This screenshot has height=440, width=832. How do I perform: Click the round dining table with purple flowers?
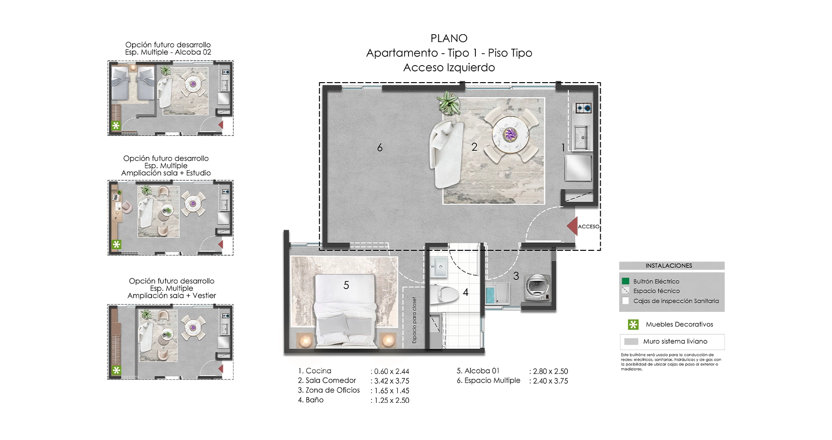coord(511,134)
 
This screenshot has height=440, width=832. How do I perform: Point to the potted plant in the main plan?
coord(448,103)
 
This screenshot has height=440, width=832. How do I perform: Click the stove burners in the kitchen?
coord(583,108)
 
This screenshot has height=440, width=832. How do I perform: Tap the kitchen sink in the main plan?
coord(582,137)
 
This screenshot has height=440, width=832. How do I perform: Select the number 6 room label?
coord(380,148)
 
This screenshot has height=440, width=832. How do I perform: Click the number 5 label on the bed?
coord(346,285)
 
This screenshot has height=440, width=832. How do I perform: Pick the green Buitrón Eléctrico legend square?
coord(625,281)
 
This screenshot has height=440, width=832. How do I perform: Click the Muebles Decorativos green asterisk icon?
coord(633,324)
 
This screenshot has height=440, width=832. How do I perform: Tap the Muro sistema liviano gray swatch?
coord(631,342)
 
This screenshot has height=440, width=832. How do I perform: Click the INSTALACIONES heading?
coord(669,265)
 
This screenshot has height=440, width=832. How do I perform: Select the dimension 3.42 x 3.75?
coord(391,381)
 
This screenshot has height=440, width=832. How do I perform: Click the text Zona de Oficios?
coord(333,390)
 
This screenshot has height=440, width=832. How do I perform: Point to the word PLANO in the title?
coord(449,38)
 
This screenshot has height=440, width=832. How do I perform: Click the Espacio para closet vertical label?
coord(415,320)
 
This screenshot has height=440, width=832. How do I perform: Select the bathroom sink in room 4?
coord(438,267)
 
